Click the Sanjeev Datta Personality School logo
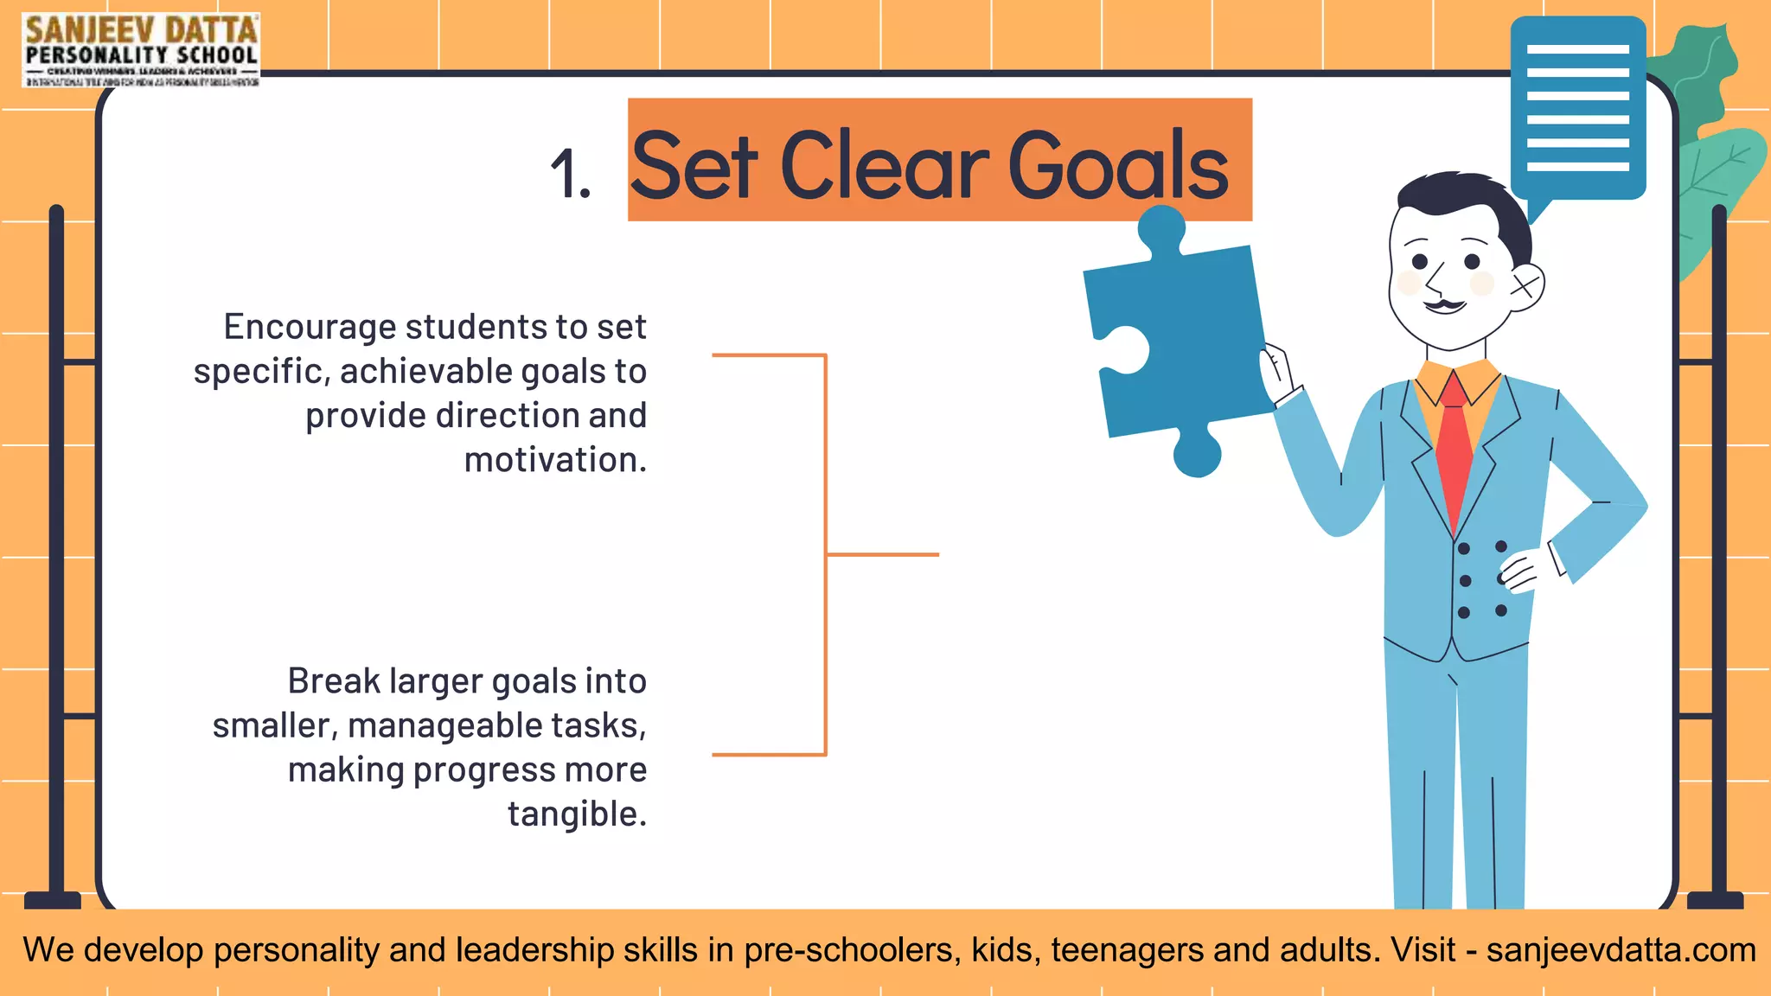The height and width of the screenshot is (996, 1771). coord(141,49)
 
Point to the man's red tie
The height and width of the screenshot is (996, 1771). coord(1455,450)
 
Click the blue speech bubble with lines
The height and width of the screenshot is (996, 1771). coord(1577,108)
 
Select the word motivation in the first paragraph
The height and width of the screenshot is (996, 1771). coord(555,460)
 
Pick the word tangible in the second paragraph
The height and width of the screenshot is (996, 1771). coord(577,814)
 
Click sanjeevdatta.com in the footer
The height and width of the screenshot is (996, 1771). coord(1621,950)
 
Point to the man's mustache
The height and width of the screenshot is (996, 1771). coord(1444,305)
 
